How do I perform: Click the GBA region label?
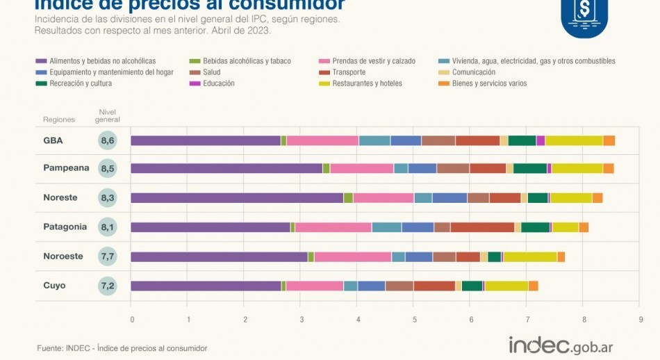(x=53, y=140)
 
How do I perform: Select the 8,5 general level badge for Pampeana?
(x=108, y=169)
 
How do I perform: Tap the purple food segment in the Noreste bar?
(x=237, y=198)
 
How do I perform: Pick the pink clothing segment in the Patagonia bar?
(x=333, y=227)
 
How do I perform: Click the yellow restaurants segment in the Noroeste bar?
(x=530, y=257)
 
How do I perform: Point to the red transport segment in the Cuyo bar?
(x=434, y=286)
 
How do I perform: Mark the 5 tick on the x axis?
(x=414, y=320)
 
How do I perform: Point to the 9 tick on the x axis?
(x=641, y=320)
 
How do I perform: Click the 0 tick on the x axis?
(x=132, y=320)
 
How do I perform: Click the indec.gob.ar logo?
(x=561, y=345)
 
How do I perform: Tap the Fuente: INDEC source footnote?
(x=122, y=348)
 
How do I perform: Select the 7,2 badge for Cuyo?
(x=108, y=286)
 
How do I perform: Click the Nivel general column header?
(x=108, y=115)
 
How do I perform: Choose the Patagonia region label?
(x=65, y=227)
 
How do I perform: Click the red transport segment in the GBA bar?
(x=477, y=140)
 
